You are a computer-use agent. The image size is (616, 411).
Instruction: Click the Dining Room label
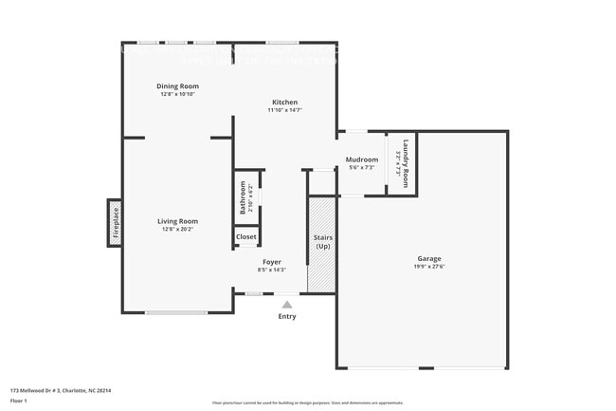click(177, 86)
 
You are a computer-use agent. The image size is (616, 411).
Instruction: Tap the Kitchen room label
click(285, 103)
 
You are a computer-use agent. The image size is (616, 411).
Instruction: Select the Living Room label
click(177, 221)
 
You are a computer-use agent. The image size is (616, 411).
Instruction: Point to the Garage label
click(429, 259)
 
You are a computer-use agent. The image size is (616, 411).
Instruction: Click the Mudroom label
click(362, 159)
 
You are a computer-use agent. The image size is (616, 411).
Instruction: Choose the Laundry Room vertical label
click(406, 163)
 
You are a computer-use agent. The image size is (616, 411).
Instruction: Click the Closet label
click(246, 236)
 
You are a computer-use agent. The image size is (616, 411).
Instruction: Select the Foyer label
click(271, 262)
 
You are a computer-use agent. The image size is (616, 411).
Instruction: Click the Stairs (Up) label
click(322, 241)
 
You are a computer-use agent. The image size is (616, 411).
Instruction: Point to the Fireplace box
click(115, 222)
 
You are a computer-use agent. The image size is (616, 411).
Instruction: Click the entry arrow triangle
click(286, 305)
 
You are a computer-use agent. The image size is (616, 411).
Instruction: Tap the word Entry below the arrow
click(286, 316)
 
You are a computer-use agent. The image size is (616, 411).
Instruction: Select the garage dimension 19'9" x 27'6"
click(429, 268)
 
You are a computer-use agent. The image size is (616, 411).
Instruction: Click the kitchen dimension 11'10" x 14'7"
click(285, 111)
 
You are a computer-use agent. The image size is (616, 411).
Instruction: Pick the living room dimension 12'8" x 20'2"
click(177, 229)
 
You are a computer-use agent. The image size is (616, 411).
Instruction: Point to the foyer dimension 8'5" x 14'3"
click(271, 270)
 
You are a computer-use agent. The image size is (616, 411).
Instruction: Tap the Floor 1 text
click(19, 401)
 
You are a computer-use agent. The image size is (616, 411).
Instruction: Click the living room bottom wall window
click(175, 312)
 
